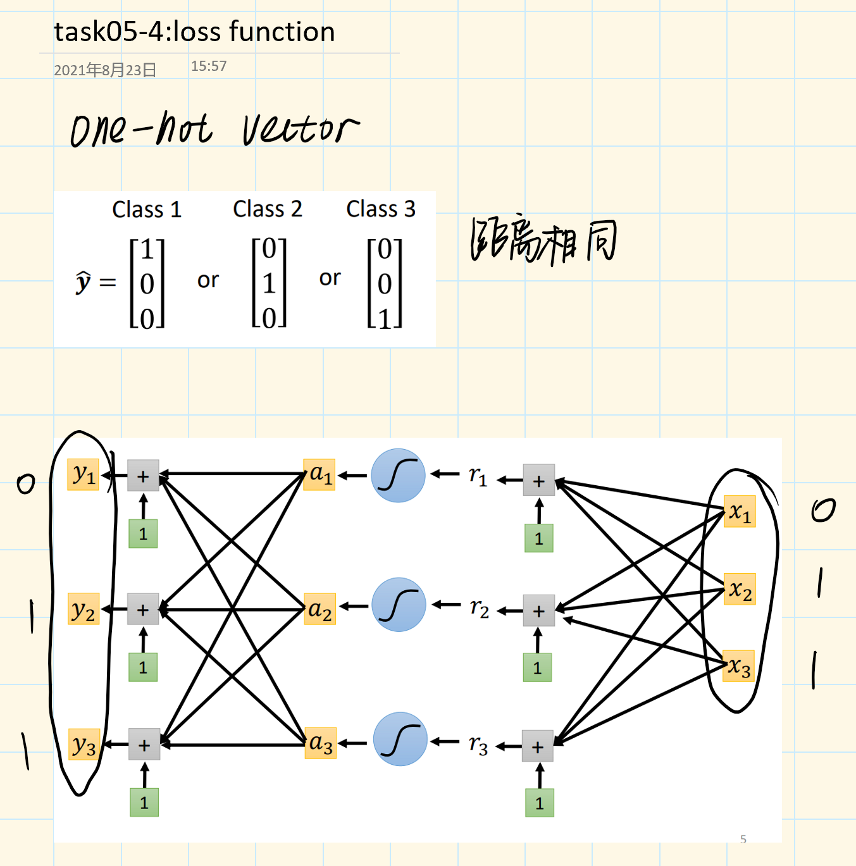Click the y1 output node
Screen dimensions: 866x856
tap(83, 474)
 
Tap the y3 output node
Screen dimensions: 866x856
tap(84, 745)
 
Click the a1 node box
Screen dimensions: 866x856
tap(319, 474)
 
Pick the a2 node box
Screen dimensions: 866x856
tap(319, 610)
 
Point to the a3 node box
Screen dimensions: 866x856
tap(320, 743)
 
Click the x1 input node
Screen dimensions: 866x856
tap(739, 512)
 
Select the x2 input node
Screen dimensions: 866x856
tap(740, 590)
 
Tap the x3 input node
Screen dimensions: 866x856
tap(739, 666)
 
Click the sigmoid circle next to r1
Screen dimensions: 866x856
tap(398, 476)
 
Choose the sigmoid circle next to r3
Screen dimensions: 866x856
tap(400, 739)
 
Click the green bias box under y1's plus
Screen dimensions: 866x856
tap(143, 534)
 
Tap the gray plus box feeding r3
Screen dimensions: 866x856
tap(538, 746)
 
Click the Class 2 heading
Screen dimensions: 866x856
tap(267, 209)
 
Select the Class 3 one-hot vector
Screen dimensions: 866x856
tap(385, 283)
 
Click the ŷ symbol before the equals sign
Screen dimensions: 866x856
tap(84, 281)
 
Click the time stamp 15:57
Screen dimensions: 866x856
tap(209, 66)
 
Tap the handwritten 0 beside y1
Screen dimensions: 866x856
tap(26, 485)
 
